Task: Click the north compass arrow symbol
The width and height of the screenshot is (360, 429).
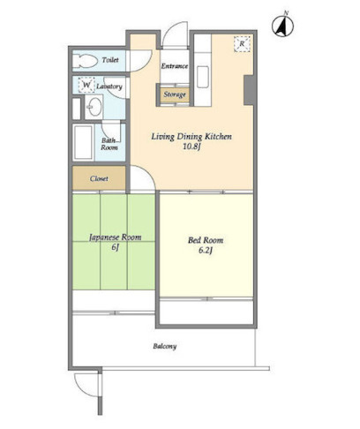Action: [x=282, y=26]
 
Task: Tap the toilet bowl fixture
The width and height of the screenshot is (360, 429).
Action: [x=85, y=61]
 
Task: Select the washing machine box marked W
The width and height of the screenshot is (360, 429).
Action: [x=86, y=85]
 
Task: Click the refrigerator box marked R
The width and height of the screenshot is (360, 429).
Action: [x=242, y=44]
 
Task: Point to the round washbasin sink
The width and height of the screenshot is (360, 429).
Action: [x=95, y=107]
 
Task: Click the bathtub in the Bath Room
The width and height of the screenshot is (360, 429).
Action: [x=83, y=142]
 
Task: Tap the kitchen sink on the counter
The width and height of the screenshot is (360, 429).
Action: [x=203, y=77]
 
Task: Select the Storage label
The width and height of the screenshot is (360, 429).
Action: [x=175, y=94]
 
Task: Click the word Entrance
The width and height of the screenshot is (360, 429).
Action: [x=175, y=66]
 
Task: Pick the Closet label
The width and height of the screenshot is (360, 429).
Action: [x=99, y=178]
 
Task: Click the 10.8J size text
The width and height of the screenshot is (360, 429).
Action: [x=191, y=147]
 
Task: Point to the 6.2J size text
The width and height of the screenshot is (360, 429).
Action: [x=206, y=251]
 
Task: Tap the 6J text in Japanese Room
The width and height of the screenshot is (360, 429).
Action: [x=115, y=247]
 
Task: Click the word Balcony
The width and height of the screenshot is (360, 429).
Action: [x=165, y=346]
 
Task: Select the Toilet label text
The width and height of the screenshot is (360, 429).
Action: [x=110, y=60]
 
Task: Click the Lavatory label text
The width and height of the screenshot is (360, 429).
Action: [x=109, y=87]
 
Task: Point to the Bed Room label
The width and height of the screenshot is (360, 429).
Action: [x=206, y=240]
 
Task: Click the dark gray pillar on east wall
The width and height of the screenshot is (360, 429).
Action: [x=249, y=90]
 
